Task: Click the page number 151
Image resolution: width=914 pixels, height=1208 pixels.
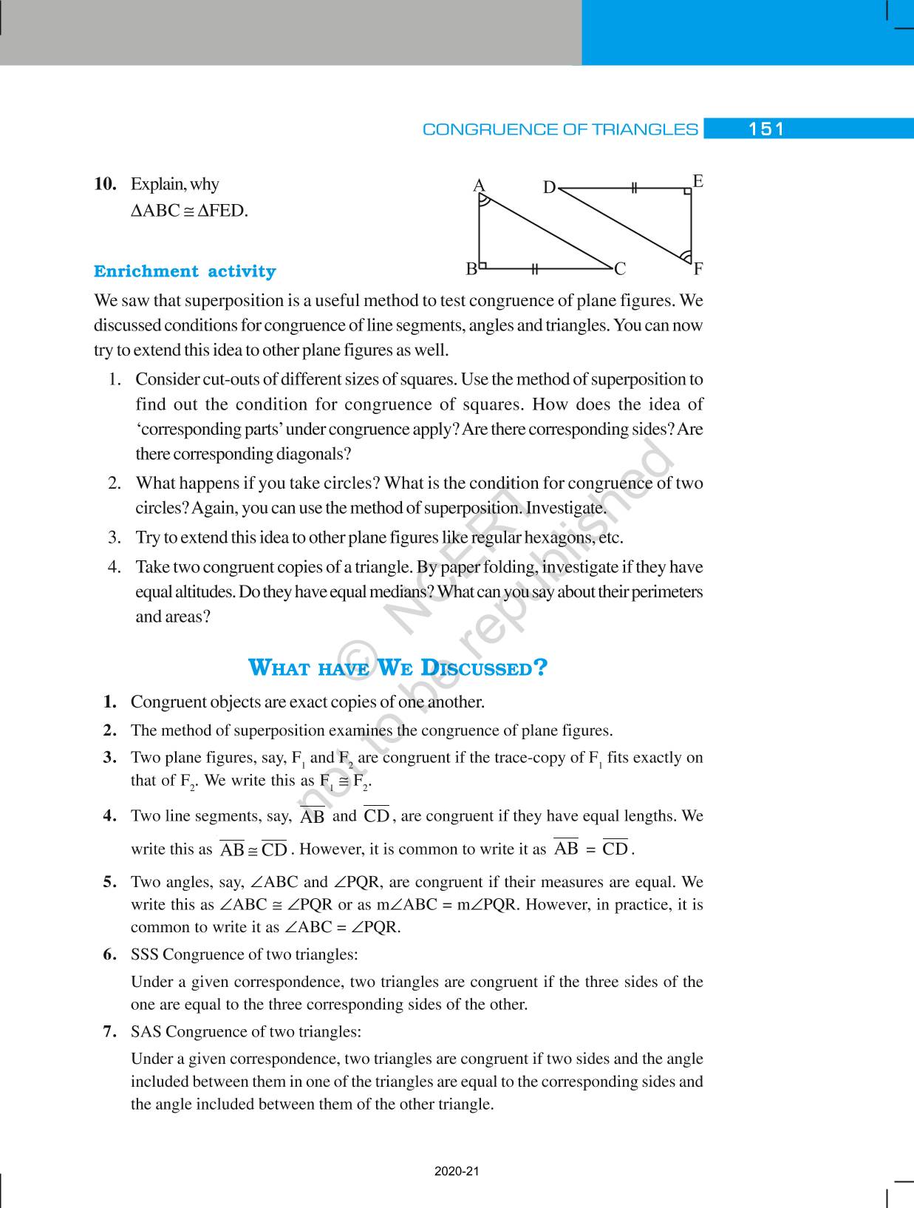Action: pyautogui.click(x=766, y=129)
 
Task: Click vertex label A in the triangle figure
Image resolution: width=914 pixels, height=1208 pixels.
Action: pyautogui.click(x=479, y=186)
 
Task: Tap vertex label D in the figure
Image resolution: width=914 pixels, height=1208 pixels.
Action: pyautogui.click(x=549, y=188)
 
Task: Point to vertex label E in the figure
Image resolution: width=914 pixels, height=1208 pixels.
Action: pyautogui.click(x=698, y=181)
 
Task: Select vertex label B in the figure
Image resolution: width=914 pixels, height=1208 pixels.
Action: pyautogui.click(x=471, y=269)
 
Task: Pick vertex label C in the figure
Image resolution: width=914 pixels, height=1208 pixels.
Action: pyautogui.click(x=620, y=269)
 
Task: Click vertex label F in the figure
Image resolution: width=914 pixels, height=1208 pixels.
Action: pyautogui.click(x=698, y=269)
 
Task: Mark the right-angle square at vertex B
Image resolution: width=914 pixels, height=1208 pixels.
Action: pyautogui.click(x=483, y=263)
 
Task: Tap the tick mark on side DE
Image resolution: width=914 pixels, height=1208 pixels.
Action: pyautogui.click(x=634, y=189)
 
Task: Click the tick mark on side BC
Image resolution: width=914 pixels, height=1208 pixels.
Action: pyautogui.click(x=533, y=268)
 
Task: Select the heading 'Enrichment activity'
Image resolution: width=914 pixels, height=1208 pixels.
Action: pyautogui.click(x=185, y=271)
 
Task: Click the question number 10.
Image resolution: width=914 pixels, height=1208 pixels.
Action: pyautogui.click(x=105, y=184)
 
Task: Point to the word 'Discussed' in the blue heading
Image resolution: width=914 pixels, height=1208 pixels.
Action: pyautogui.click(x=483, y=668)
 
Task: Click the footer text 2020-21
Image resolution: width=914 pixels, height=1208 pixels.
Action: pyautogui.click(x=457, y=1172)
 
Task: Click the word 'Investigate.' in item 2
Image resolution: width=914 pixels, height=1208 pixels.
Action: pyautogui.click(x=566, y=508)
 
